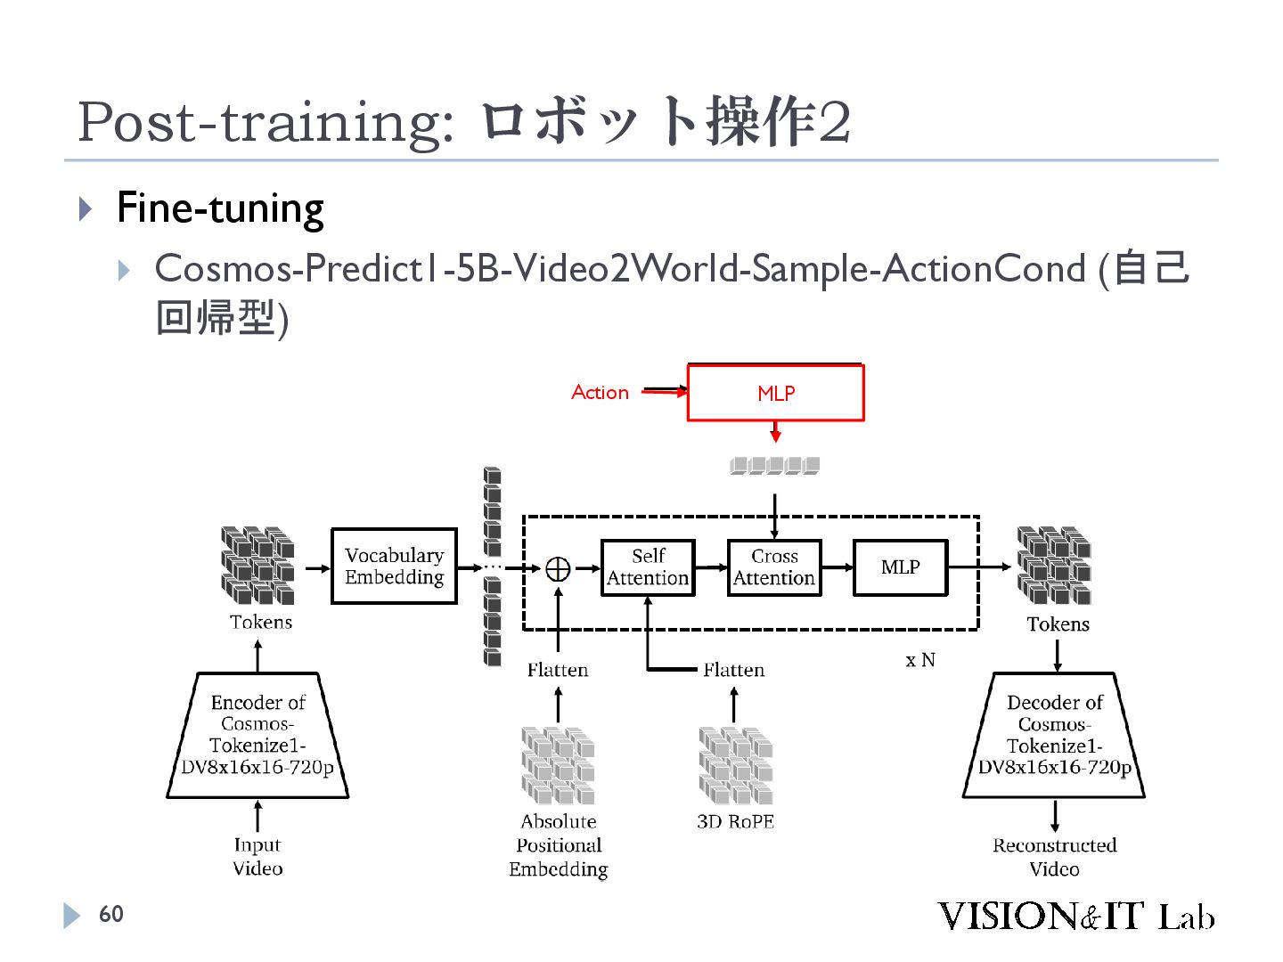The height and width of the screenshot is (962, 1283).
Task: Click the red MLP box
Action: pyautogui.click(x=775, y=393)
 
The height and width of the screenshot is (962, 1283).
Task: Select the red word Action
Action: pyautogui.click(x=600, y=393)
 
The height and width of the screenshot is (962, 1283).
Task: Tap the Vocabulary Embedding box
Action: pyautogui.click(x=394, y=567)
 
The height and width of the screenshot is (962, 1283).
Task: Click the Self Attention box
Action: pyautogui.click(x=648, y=567)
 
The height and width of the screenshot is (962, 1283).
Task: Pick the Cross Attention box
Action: pyautogui.click(x=774, y=567)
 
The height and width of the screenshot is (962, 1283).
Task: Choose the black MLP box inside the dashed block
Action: pyautogui.click(x=900, y=567)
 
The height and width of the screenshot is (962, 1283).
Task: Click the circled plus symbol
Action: pyautogui.click(x=558, y=568)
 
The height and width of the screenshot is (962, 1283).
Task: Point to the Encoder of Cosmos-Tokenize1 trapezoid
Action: pyautogui.click(x=257, y=735)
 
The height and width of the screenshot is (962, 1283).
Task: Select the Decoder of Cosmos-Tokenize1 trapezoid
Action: pyautogui.click(x=1054, y=735)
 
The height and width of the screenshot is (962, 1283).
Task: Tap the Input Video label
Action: pyautogui.click(x=257, y=856)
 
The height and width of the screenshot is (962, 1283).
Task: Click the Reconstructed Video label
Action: pyautogui.click(x=1054, y=857)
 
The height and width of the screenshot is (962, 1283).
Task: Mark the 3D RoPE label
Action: pyautogui.click(x=735, y=821)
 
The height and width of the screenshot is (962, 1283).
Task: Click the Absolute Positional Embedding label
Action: pyautogui.click(x=559, y=845)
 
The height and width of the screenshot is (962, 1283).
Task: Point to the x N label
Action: pyautogui.click(x=920, y=660)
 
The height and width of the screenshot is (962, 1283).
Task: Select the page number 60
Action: pyautogui.click(x=110, y=914)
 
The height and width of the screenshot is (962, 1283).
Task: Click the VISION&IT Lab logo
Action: pyautogui.click(x=1075, y=916)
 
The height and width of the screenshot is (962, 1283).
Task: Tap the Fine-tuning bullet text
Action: pyautogui.click(x=220, y=208)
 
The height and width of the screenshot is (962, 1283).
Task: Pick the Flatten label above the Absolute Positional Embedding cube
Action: pyautogui.click(x=558, y=670)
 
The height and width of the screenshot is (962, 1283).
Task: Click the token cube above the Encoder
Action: pyautogui.click(x=257, y=566)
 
